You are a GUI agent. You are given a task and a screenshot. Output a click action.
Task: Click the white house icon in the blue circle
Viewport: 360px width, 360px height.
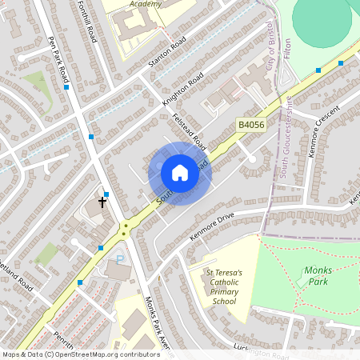coord(180,173)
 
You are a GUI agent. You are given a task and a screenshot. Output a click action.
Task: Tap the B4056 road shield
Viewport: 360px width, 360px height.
coord(250,126)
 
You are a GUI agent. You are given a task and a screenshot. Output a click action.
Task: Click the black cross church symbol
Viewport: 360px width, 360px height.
coord(103,202)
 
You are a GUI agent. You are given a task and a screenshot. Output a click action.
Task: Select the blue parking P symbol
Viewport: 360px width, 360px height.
coord(120,259)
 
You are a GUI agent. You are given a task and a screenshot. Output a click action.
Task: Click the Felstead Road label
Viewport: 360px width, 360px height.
coord(190,133)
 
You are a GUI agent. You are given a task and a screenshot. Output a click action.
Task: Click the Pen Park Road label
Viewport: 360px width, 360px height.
coord(58,59)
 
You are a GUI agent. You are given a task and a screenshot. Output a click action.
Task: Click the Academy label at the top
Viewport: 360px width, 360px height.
coord(145,4)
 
